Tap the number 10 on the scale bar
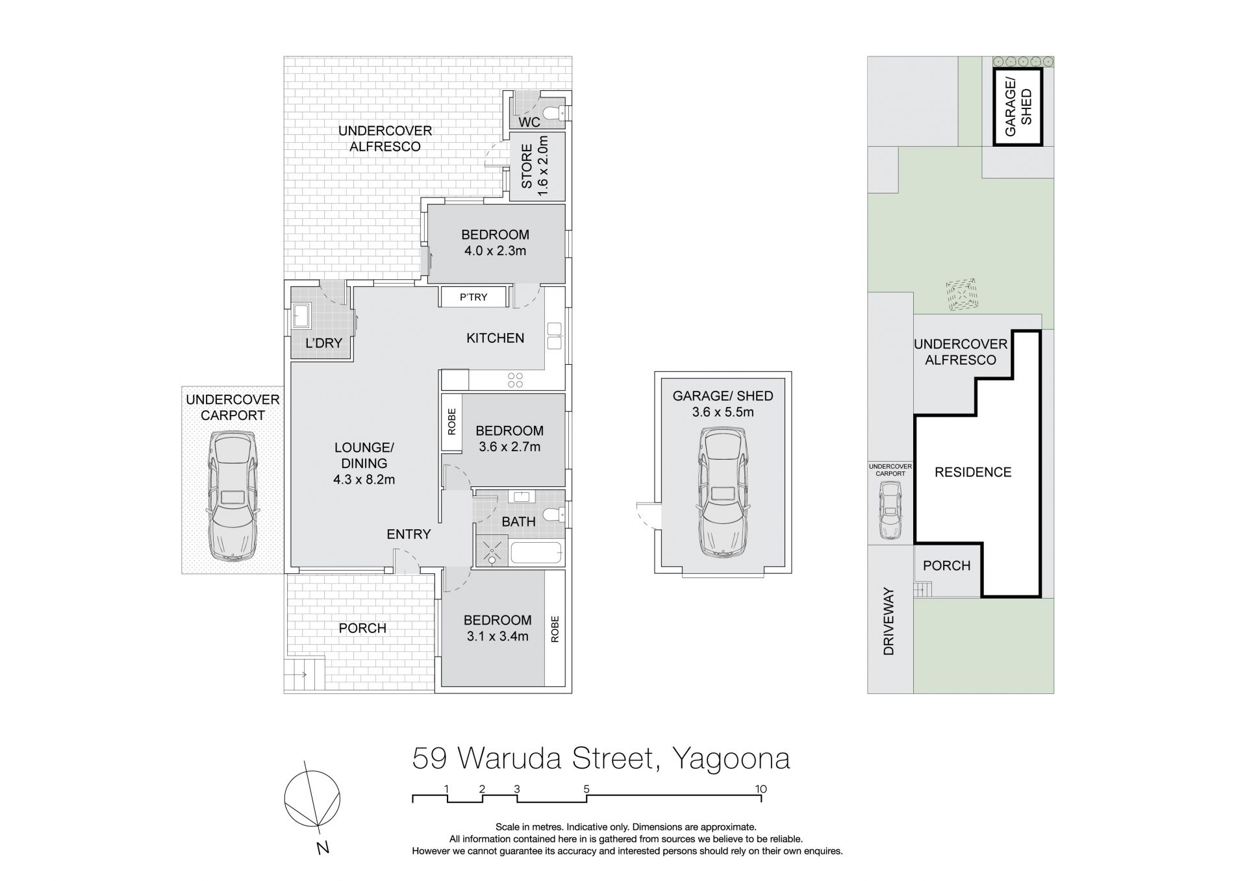click(761, 789)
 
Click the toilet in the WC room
click(555, 114)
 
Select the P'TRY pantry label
click(473, 297)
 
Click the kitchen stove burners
click(516, 380)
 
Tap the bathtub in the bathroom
click(536, 554)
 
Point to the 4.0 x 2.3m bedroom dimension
click(495, 251)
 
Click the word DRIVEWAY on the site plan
click(889, 621)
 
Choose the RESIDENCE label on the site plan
click(973, 472)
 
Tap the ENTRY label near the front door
click(409, 534)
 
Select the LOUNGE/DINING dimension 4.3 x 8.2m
click(364, 480)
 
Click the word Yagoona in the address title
click(731, 760)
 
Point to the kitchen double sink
click(554, 336)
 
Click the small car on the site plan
click(890, 511)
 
